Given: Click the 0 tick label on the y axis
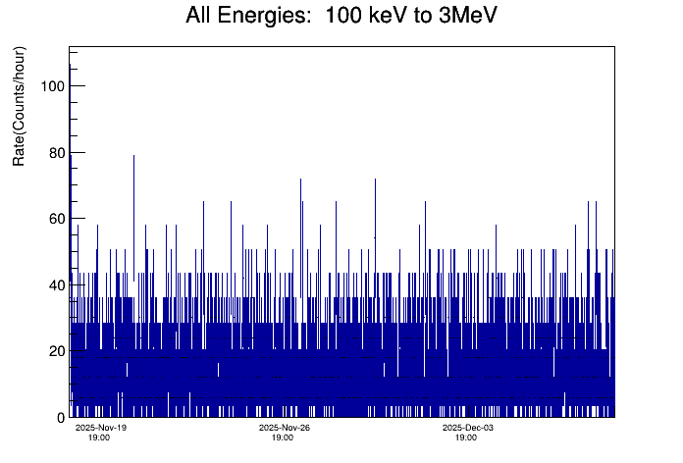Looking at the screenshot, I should pyautogui.click(x=59, y=418).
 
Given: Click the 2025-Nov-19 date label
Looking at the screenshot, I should pyautogui.click(x=101, y=428).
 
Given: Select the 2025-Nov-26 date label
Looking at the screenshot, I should pyautogui.click(x=285, y=428).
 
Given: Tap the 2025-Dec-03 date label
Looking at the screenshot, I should pyautogui.click(x=467, y=428).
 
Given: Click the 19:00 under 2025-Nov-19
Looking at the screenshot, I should pyautogui.click(x=99, y=437).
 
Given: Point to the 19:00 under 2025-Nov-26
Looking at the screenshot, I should pyautogui.click(x=283, y=437).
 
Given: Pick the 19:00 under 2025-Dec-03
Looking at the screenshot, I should pyautogui.click(x=465, y=437).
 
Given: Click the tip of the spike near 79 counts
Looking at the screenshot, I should pyautogui.click(x=133, y=155).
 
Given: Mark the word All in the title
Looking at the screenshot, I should pyautogui.click(x=202, y=17).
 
